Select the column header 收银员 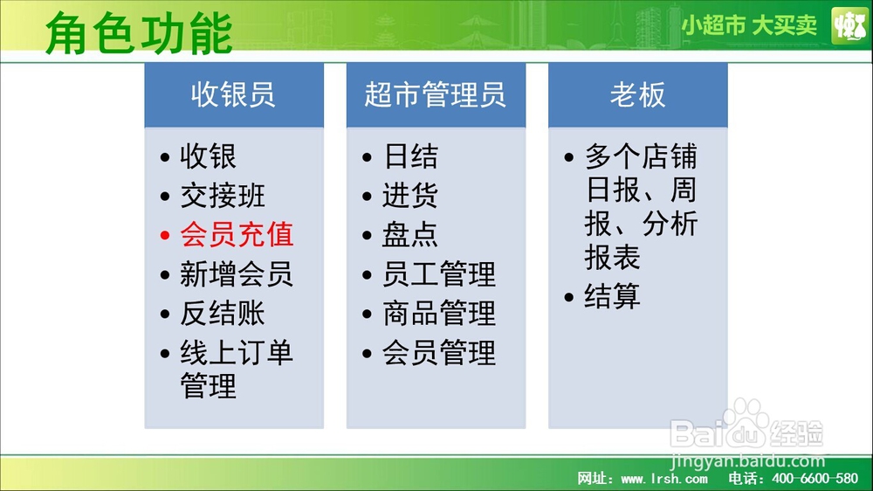click(233, 94)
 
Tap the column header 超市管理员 click(436, 94)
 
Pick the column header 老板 click(637, 94)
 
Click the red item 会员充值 click(237, 235)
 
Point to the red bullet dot click(165, 236)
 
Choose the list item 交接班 click(222, 196)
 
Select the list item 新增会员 click(237, 274)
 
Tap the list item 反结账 click(222, 314)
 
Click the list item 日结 click(410, 156)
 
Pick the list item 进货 click(410, 196)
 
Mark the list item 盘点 click(410, 235)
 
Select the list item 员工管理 click(439, 274)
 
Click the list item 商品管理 click(439, 314)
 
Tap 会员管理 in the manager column click(439, 353)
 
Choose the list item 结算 click(613, 296)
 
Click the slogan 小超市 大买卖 click(749, 25)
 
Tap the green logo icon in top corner click(849, 25)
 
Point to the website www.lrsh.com click(664, 478)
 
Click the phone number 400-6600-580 click(815, 478)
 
